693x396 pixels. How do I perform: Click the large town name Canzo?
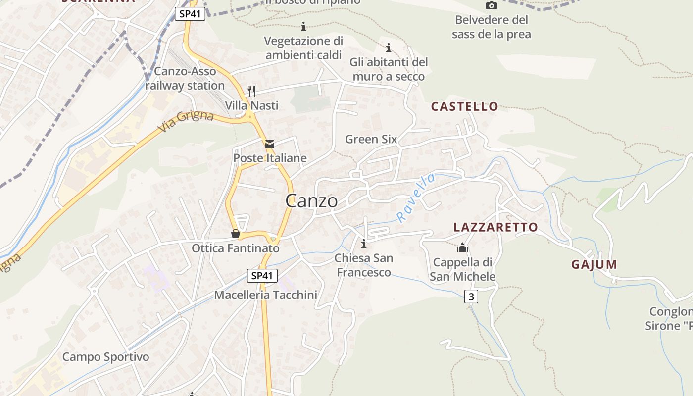(312, 201)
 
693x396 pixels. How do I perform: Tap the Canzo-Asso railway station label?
(185, 79)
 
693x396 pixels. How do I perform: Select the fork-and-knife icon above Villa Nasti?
(251, 91)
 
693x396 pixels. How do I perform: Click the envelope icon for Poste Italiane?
(270, 144)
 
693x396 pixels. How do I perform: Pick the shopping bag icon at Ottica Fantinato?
(236, 233)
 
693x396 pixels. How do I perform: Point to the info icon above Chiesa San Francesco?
(364, 244)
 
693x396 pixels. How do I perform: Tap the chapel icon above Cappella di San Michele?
(462, 247)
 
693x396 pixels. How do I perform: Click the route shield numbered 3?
(471, 297)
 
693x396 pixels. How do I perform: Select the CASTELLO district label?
(464, 106)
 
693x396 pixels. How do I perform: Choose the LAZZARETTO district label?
(495, 227)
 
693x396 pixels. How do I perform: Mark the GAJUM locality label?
(594, 264)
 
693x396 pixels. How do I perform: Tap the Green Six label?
(371, 139)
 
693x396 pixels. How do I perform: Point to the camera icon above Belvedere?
(491, 5)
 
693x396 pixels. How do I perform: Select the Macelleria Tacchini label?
(265, 295)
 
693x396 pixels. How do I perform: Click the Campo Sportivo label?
(105, 357)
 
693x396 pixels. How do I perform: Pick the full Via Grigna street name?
(186, 122)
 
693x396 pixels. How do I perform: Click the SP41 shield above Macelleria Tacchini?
(262, 276)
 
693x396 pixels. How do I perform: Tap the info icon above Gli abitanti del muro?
(389, 48)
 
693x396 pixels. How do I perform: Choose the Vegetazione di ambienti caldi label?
(303, 48)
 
